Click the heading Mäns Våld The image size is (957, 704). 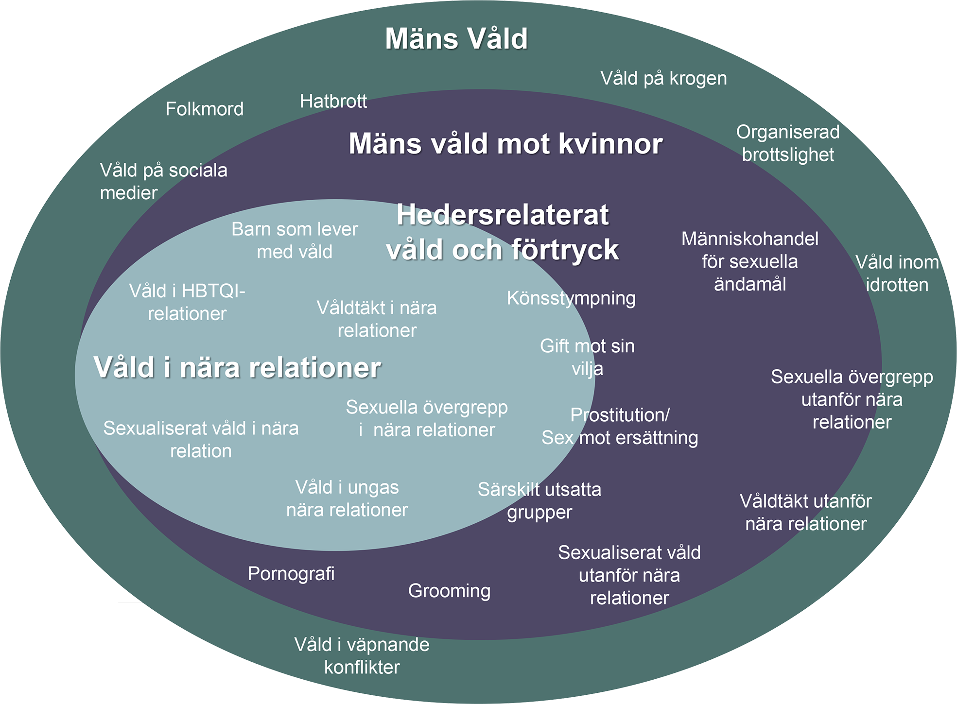pyautogui.click(x=456, y=39)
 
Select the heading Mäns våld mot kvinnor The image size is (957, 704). pyautogui.click(x=505, y=144)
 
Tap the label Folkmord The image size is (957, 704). pyautogui.click(x=204, y=109)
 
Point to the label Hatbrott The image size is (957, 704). pyautogui.click(x=333, y=101)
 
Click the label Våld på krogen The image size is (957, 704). pyautogui.click(x=663, y=78)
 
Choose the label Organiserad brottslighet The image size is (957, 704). pyautogui.click(x=788, y=143)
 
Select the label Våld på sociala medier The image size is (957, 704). pyautogui.click(x=163, y=181)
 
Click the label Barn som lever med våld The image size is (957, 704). pyautogui.click(x=295, y=240)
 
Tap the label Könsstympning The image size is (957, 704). pyautogui.click(x=571, y=298)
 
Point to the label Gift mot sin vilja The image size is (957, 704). pyautogui.click(x=587, y=357)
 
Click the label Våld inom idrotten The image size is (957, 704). pyautogui.click(x=897, y=274)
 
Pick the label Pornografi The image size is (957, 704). pyautogui.click(x=291, y=574)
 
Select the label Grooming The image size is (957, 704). pyautogui.click(x=449, y=591)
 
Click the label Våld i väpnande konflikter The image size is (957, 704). pyautogui.click(x=362, y=656)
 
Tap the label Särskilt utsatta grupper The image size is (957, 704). pyautogui.click(x=539, y=501)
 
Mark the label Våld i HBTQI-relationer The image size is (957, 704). pyautogui.click(x=187, y=302)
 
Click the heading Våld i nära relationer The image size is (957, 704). pyautogui.click(x=237, y=367)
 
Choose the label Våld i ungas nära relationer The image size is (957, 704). pyautogui.click(x=347, y=498)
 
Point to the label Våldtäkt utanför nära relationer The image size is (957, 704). pyautogui.click(x=806, y=513)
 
